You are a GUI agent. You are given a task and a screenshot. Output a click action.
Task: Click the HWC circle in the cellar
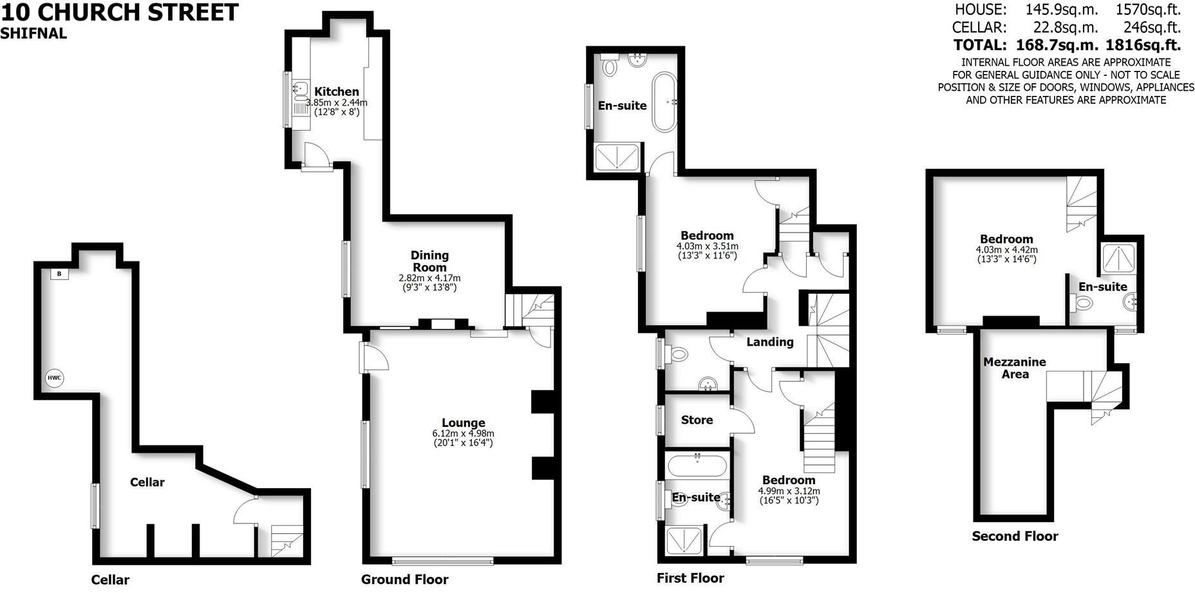pyautogui.click(x=55, y=378)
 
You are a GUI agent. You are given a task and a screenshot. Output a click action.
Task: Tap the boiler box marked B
pyautogui.click(x=59, y=274)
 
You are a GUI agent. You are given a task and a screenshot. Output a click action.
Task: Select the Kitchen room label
pyautogui.click(x=337, y=92)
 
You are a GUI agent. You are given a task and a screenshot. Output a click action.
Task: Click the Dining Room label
pyautogui.click(x=429, y=261)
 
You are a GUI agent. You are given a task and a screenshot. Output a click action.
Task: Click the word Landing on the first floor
pyautogui.click(x=770, y=342)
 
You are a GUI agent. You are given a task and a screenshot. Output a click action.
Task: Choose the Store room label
pyautogui.click(x=697, y=420)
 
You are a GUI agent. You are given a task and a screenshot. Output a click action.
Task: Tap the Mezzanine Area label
pyautogui.click(x=1015, y=368)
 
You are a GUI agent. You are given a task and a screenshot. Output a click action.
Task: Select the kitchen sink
pyautogui.click(x=300, y=88)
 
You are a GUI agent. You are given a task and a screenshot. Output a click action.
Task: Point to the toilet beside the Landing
pyautogui.click(x=677, y=355)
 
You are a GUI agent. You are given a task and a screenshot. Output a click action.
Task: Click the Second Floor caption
pyautogui.click(x=1015, y=536)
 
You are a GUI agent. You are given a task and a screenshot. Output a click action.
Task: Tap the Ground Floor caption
pyautogui.click(x=404, y=579)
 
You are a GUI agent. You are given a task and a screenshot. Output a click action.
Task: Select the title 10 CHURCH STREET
pyautogui.click(x=120, y=12)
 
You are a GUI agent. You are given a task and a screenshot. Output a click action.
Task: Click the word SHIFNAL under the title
pyautogui.click(x=33, y=34)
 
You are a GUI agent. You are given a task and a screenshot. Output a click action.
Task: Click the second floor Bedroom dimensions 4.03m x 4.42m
pyautogui.click(x=1007, y=250)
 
